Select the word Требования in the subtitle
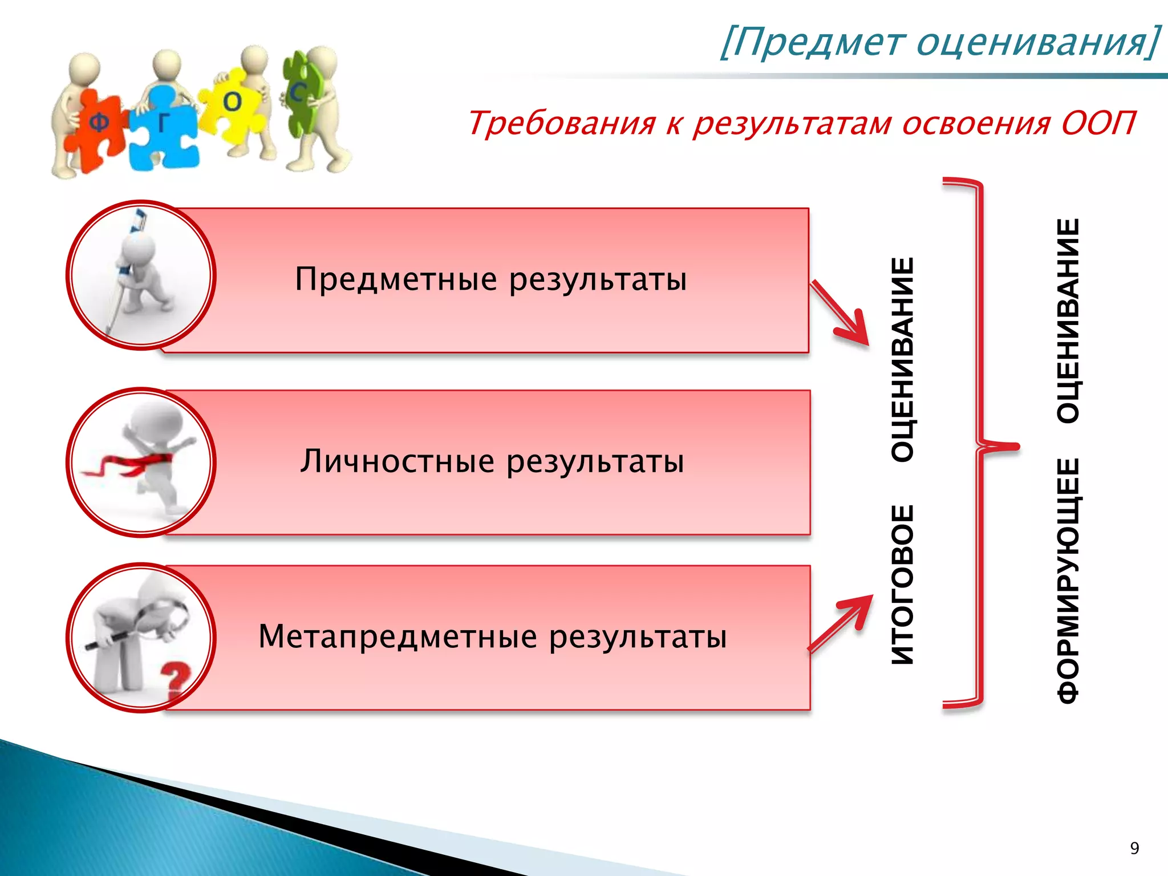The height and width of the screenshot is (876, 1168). pyautogui.click(x=561, y=123)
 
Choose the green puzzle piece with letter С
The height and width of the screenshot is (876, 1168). pyautogui.click(x=299, y=94)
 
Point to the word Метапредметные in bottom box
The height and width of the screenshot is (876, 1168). pyautogui.click(x=398, y=636)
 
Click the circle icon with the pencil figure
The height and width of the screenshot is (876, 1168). pyautogui.click(x=141, y=275)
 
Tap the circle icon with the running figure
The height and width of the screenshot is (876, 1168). pyautogui.click(x=141, y=462)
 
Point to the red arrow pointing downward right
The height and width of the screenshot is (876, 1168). pyautogui.click(x=841, y=314)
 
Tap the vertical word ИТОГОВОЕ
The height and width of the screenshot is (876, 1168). pyautogui.click(x=903, y=585)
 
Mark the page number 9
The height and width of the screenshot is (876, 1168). pyautogui.click(x=1134, y=849)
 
